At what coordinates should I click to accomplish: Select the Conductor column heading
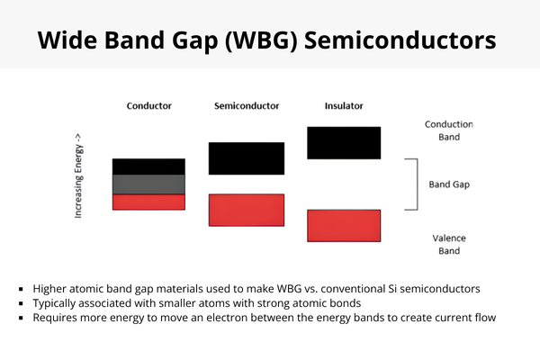[x=148, y=106]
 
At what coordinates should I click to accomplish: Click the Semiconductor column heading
[x=246, y=106]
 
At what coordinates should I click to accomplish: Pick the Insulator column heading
[x=343, y=106]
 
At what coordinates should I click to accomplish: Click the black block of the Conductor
[x=148, y=166]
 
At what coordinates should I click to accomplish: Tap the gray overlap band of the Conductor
[x=148, y=184]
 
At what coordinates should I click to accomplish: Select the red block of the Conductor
[x=148, y=202]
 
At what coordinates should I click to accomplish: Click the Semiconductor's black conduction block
[x=247, y=157]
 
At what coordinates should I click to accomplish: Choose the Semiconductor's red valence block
[x=247, y=210]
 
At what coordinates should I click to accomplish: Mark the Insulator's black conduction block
[x=343, y=143]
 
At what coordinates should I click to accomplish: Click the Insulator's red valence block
[x=343, y=225]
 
